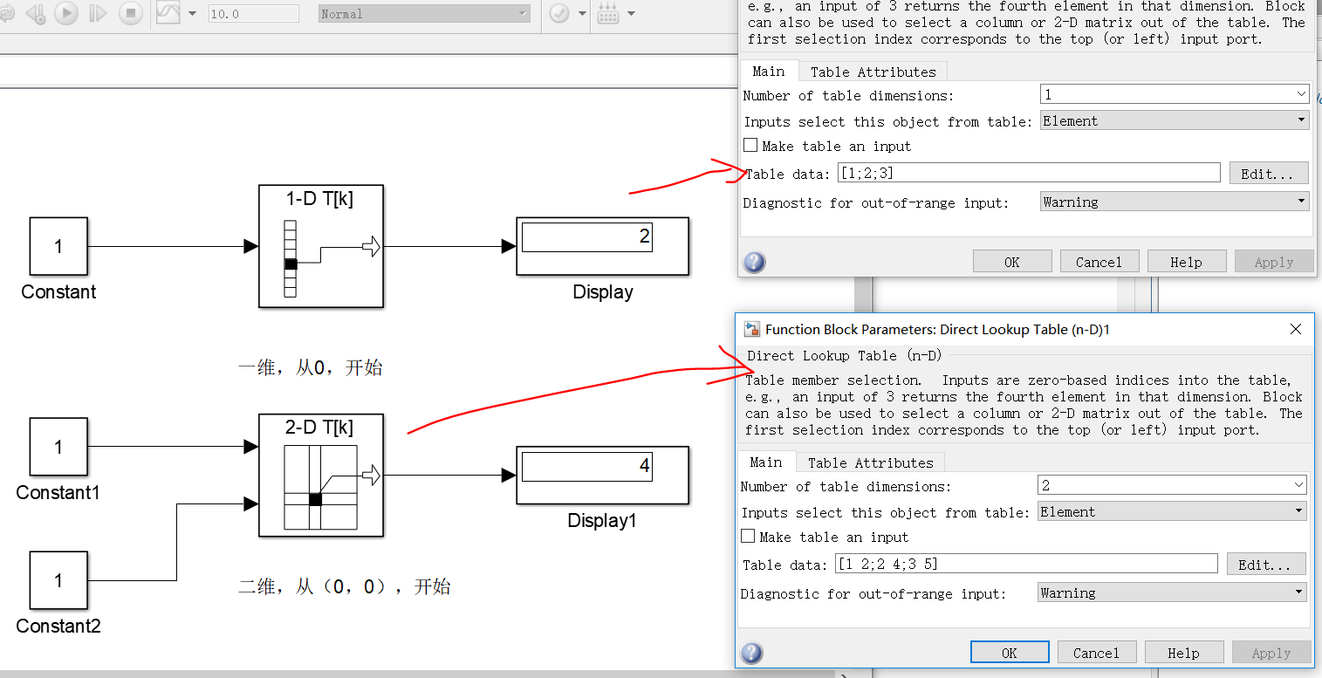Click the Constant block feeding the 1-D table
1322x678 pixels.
pyautogui.click(x=58, y=246)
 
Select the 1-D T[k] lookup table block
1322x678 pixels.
pyautogui.click(x=321, y=246)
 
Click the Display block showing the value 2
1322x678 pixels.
pyautogui.click(x=603, y=246)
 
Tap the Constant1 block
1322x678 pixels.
pyautogui.click(x=58, y=447)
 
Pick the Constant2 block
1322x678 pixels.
pyautogui.click(x=58, y=580)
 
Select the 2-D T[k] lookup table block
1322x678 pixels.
pyautogui.click(x=321, y=475)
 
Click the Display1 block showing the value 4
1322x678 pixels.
pyautogui.click(x=603, y=475)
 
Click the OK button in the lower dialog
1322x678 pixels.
pyautogui.click(x=1010, y=653)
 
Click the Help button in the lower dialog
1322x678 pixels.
pyautogui.click(x=1183, y=653)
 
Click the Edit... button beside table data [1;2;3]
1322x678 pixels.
pyautogui.click(x=1266, y=174)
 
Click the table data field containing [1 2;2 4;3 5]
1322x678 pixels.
pyautogui.click(x=1026, y=564)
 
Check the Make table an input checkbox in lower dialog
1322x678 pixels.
pyautogui.click(x=748, y=536)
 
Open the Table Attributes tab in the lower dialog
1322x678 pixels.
pyautogui.click(x=871, y=462)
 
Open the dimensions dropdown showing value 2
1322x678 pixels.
pyautogui.click(x=1172, y=485)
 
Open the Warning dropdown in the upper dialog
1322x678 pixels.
pyautogui.click(x=1175, y=202)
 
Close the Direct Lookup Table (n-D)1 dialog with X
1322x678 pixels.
pyautogui.click(x=1296, y=329)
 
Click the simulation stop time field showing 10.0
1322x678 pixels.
pyautogui.click(x=254, y=14)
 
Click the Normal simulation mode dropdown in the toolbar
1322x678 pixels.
pyautogui.click(x=424, y=14)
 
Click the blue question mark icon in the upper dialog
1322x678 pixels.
pyautogui.click(x=754, y=262)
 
